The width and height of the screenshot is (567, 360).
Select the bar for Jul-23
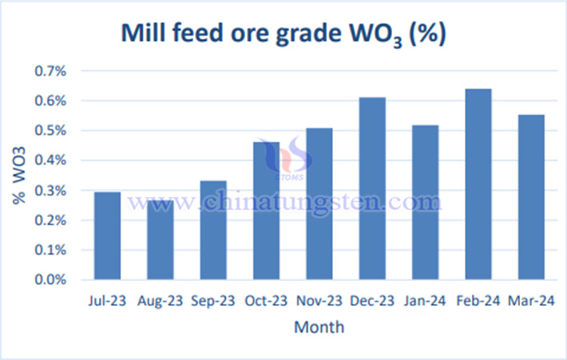(107, 236)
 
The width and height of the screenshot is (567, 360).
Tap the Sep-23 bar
(213, 231)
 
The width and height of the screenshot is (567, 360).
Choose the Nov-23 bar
(319, 204)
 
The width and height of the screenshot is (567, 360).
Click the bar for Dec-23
(372, 188)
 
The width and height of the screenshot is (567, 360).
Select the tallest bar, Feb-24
(478, 184)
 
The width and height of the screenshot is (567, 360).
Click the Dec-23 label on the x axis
(372, 301)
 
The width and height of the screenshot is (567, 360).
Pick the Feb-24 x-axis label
(478, 301)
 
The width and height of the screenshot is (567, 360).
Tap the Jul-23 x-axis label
(107, 301)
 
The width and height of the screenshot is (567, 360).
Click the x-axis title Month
(319, 326)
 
